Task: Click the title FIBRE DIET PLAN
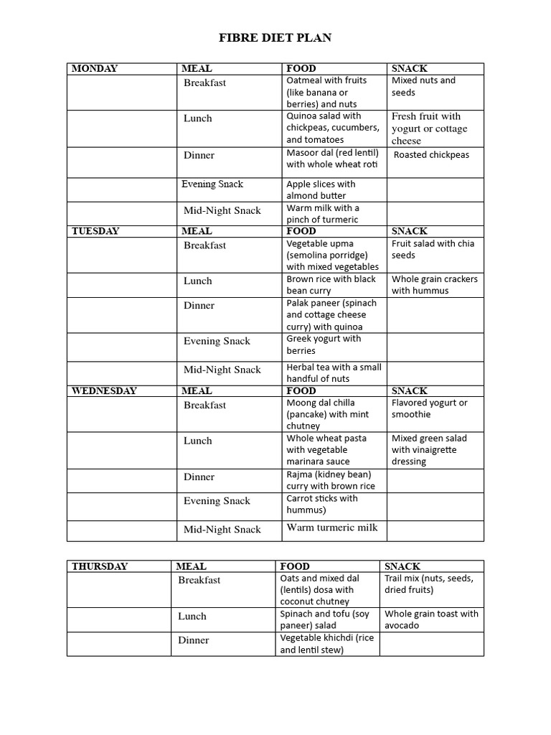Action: point(275,37)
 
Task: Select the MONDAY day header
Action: point(95,69)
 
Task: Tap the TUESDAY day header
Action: point(95,231)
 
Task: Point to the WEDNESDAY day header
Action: point(104,391)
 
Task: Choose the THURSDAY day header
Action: point(100,566)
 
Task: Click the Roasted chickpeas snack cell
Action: point(431,155)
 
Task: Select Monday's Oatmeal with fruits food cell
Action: point(326,93)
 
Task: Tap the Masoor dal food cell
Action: point(332,159)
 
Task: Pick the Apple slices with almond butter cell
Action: point(321,189)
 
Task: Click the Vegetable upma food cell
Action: point(332,255)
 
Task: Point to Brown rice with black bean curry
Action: point(331,285)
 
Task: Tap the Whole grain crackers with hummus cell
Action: point(434,285)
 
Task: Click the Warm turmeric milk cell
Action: point(331,528)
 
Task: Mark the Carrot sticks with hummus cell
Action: point(322,504)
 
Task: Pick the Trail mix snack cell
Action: point(428,584)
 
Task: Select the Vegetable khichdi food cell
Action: point(326,644)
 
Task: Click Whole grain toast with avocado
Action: point(431,619)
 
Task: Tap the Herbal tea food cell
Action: point(334,373)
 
